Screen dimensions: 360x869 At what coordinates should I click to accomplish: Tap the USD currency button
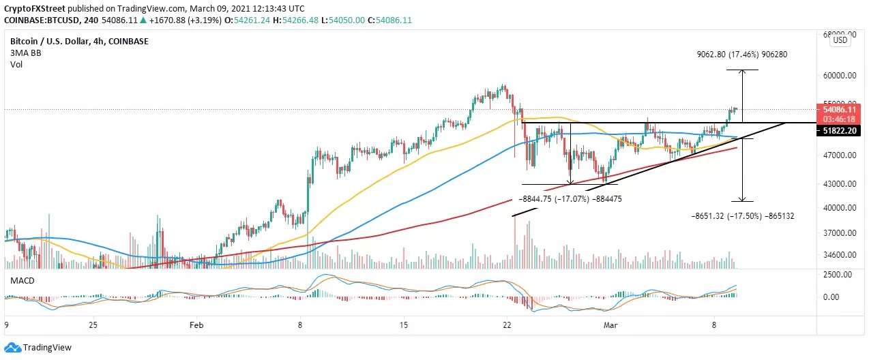pos(840,40)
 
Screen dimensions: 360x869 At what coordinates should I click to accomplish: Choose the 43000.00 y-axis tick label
pos(838,184)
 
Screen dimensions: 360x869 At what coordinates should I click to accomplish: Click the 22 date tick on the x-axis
pos(507,326)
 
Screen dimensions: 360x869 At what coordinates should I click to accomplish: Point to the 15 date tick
pos(404,326)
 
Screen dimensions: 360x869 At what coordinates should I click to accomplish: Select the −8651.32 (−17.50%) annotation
pos(734,215)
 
